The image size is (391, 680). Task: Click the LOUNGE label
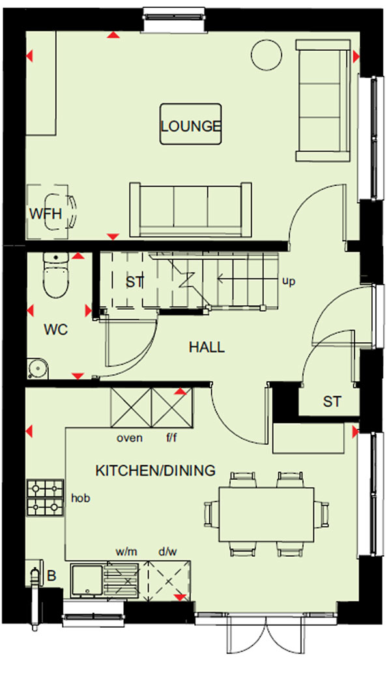click(x=191, y=126)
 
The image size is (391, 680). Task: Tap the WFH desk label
click(x=46, y=214)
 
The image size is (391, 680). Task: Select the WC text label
click(x=56, y=330)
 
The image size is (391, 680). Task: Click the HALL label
click(x=207, y=347)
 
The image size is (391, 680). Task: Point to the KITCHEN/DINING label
click(x=155, y=471)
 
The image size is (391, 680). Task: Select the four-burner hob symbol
click(x=46, y=497)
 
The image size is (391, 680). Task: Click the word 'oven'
click(x=129, y=438)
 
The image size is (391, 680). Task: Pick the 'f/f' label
click(x=171, y=437)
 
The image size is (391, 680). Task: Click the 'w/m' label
click(x=126, y=552)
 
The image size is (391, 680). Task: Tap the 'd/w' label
click(x=167, y=552)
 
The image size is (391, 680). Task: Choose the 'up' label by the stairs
click(x=289, y=282)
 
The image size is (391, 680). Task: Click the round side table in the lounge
click(x=267, y=55)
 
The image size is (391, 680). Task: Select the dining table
click(x=266, y=514)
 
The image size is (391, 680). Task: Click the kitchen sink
click(x=87, y=581)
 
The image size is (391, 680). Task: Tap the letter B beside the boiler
click(x=51, y=576)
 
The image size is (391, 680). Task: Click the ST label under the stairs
click(x=134, y=282)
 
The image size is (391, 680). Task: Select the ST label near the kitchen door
click(x=332, y=402)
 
